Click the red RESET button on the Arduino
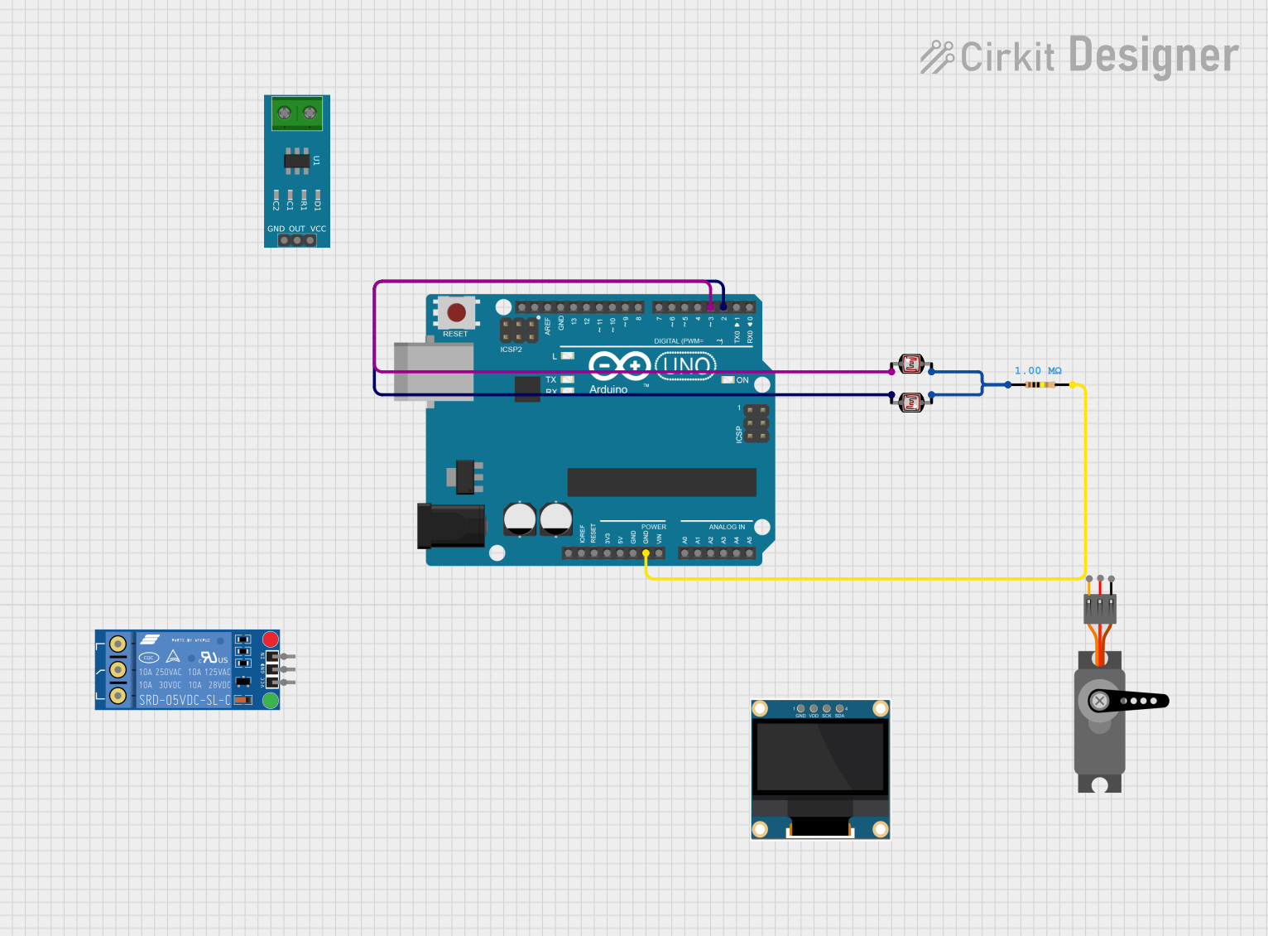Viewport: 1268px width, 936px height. [x=456, y=313]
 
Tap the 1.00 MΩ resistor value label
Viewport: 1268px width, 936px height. [x=1037, y=370]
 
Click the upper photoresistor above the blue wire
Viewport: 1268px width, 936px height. [x=911, y=364]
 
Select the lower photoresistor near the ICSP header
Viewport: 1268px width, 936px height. [x=911, y=403]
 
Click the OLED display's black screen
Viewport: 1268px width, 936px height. [x=820, y=756]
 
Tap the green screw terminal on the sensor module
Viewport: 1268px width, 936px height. [x=297, y=113]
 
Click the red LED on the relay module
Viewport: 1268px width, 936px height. [x=270, y=639]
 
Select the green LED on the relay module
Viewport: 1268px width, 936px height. [x=270, y=701]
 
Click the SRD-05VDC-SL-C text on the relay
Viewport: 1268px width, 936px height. [x=185, y=700]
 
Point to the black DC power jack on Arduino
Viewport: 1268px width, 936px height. [x=450, y=527]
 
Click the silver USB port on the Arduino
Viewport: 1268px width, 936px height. [x=432, y=371]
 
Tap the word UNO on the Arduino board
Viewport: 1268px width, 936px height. [x=686, y=364]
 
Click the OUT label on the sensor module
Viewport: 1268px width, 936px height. [x=297, y=229]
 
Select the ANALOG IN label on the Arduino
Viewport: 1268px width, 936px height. [x=726, y=527]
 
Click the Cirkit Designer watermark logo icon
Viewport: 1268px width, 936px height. [x=937, y=56]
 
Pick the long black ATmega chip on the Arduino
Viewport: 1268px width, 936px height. [x=661, y=481]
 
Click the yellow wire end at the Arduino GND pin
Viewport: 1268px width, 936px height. [x=646, y=552]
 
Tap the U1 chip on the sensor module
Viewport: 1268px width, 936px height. [x=297, y=161]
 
